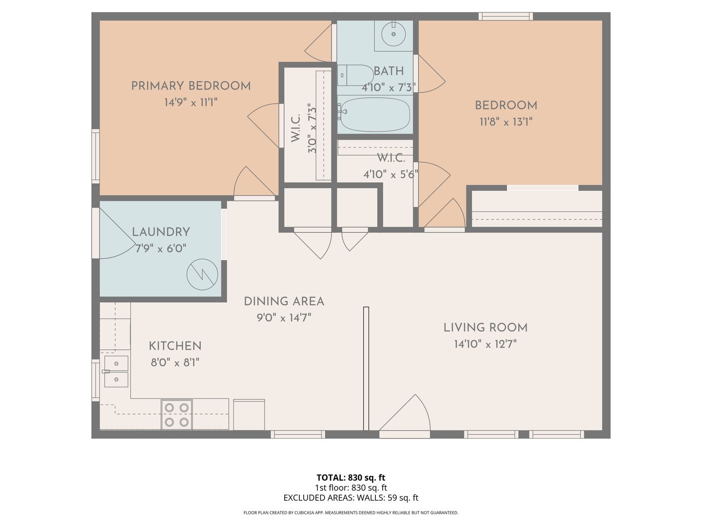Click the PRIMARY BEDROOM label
coord(191,86)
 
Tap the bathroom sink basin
coord(394,34)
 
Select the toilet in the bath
coord(355,75)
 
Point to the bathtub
coord(374,114)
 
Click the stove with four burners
coord(176,414)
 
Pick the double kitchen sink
coord(116,371)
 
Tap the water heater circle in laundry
coord(202,274)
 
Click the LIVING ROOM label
coord(485,327)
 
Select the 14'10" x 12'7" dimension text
coord(485,345)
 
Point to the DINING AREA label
coord(284,302)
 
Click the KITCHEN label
coord(175,346)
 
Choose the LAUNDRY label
coord(161,232)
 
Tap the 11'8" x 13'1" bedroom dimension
coord(506,122)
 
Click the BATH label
coord(389,71)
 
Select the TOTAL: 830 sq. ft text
coord(351,478)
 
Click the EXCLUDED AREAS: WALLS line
coord(351,498)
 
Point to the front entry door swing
coord(405,413)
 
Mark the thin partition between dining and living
coord(366,368)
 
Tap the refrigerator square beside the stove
coord(249,415)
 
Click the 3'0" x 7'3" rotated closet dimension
coord(312,128)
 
